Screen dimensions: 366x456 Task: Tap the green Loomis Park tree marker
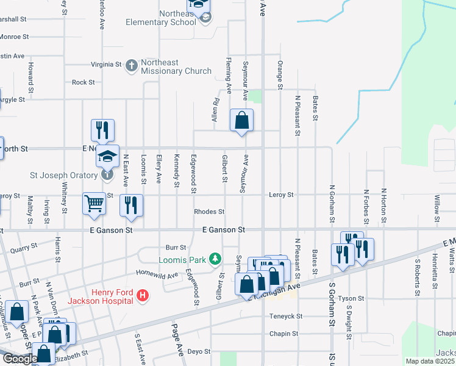point(215,259)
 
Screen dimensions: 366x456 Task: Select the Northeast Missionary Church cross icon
point(131,65)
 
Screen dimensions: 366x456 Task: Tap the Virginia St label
point(106,64)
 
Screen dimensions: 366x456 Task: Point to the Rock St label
point(84,82)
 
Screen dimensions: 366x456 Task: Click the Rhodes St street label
point(209,212)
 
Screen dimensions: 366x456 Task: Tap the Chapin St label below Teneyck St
point(283,334)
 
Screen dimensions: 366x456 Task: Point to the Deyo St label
point(198,351)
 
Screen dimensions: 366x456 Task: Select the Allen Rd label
point(215,110)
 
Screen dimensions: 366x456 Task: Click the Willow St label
point(436,205)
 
